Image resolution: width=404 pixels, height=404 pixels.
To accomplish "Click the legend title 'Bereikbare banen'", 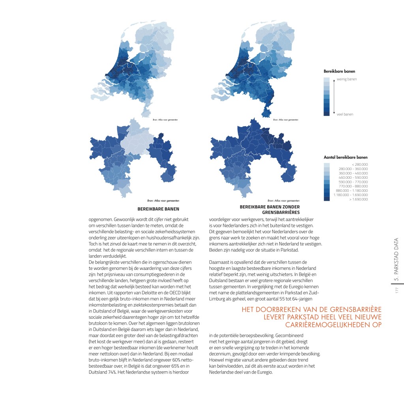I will [339, 71].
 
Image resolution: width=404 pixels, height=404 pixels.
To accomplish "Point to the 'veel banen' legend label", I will [345, 114].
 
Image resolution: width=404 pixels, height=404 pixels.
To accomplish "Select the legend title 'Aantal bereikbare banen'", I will [346, 157].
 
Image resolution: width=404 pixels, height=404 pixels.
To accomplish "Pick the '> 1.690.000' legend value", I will [359, 199].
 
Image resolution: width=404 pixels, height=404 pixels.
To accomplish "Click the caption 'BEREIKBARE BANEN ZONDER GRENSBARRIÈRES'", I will [270, 209].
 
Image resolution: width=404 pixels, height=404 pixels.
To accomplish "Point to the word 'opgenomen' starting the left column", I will [100, 218].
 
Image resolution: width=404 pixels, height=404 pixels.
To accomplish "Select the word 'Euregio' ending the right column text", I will [264, 371].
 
